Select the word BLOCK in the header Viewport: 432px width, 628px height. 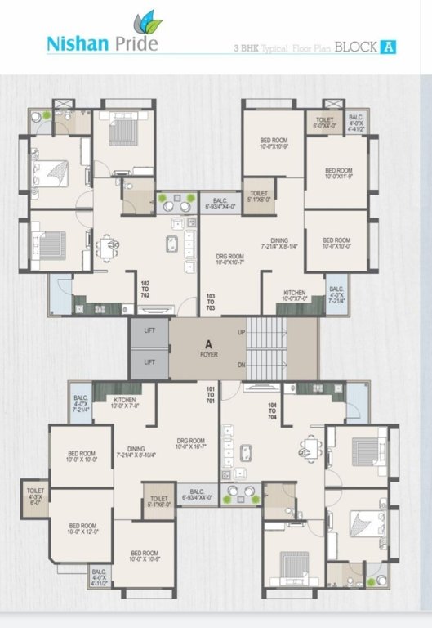[x=356, y=47]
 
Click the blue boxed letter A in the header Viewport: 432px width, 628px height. [x=390, y=47]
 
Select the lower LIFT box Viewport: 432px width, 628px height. [x=149, y=361]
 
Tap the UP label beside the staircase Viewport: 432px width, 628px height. [x=240, y=333]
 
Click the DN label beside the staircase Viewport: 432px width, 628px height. [x=240, y=365]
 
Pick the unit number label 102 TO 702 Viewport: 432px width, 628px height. [x=145, y=287]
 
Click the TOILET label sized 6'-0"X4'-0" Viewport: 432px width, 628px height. [x=325, y=122]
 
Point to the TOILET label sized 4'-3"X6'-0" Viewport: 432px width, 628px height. [x=36, y=500]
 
